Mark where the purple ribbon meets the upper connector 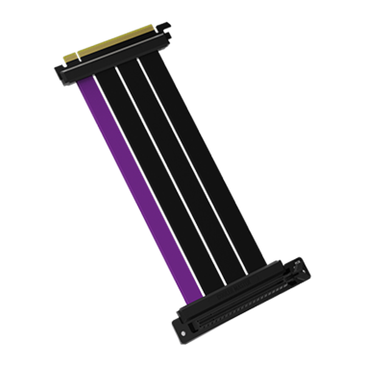(x=85, y=83)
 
